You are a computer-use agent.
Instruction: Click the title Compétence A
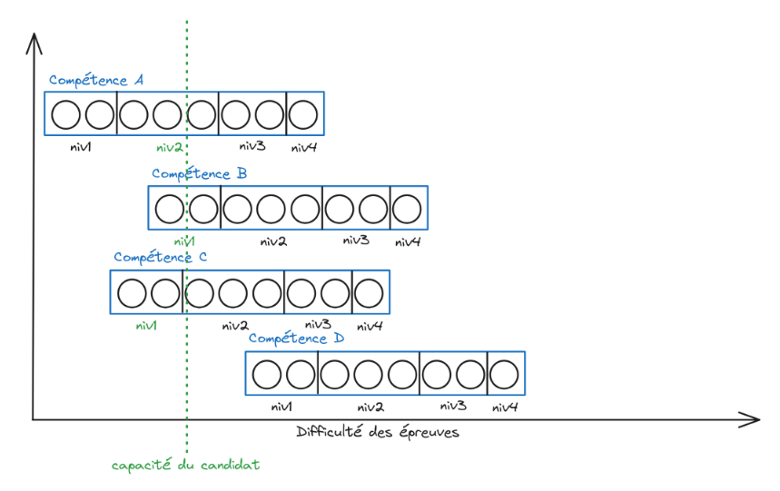[96, 80]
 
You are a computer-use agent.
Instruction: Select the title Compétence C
[161, 257]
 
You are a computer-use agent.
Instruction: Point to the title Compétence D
[296, 339]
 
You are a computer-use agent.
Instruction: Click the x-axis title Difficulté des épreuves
[378, 433]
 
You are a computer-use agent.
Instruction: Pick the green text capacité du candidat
[185, 465]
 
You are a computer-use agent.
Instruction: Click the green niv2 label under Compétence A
[170, 147]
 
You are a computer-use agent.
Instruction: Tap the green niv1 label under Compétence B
[184, 241]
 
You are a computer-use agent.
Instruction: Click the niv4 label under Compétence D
[505, 408]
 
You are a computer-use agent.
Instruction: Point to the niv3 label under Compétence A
[252, 146]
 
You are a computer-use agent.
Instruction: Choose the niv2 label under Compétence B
[273, 241]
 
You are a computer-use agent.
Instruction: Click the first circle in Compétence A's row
[65, 114]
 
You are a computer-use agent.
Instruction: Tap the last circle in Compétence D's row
[505, 374]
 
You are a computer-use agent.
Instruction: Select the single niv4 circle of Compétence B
[408, 209]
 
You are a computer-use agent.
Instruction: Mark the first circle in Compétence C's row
[133, 293]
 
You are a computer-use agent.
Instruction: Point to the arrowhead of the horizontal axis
[754, 419]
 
